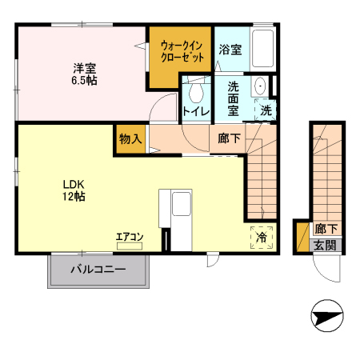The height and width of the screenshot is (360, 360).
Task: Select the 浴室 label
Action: pyautogui.click(x=231, y=48)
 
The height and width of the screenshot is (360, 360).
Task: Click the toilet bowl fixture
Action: pyautogui.click(x=196, y=90)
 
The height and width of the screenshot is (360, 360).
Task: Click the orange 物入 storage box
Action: pyautogui.click(x=130, y=138)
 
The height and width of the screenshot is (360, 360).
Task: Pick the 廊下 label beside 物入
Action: pyautogui.click(x=229, y=138)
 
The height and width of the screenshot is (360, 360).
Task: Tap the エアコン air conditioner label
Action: pyautogui.click(x=129, y=236)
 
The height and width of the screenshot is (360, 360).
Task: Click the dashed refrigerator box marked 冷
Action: pyautogui.click(x=262, y=237)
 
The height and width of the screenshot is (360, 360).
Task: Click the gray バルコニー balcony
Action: pyautogui.click(x=100, y=270)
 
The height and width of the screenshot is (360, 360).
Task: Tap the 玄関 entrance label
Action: pyautogui.click(x=324, y=246)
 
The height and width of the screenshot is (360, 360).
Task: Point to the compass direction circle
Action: pyautogui.click(x=327, y=318)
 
